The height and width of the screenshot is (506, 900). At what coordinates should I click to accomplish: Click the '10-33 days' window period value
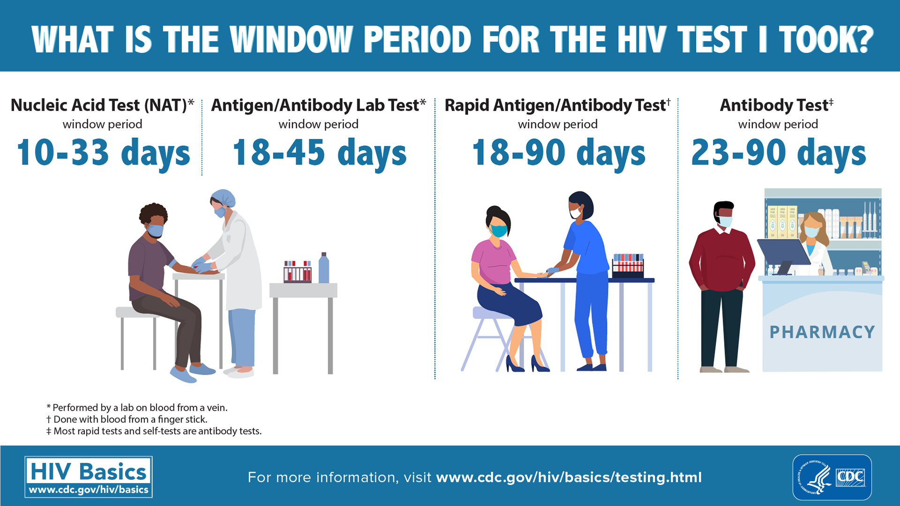[103, 153]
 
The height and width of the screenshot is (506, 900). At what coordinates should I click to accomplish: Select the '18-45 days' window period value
[319, 153]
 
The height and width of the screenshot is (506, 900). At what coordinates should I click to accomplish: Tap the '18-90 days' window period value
[558, 153]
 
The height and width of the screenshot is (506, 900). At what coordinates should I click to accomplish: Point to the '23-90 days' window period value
[778, 153]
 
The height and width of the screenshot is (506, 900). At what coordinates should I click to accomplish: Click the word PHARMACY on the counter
[822, 332]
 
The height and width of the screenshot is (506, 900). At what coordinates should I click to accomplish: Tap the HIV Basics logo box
[89, 476]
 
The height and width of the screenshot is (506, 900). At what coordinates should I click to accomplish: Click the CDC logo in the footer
[832, 477]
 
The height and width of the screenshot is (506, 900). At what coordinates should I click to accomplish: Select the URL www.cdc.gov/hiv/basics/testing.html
[569, 477]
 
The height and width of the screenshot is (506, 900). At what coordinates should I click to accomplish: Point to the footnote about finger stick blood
[127, 419]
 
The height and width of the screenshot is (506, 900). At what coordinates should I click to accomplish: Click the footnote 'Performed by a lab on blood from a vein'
[137, 408]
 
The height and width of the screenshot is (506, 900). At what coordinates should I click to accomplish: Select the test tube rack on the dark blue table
[628, 266]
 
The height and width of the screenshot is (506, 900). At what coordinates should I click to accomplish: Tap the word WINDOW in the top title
[291, 39]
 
